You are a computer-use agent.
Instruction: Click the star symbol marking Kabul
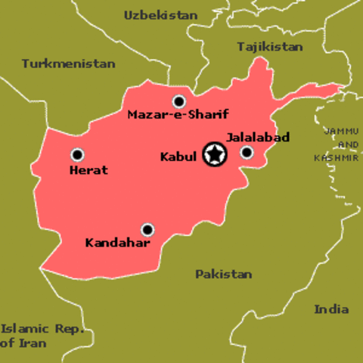pyautogui.click(x=216, y=156)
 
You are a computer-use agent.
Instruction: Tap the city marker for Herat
pyautogui.click(x=77, y=155)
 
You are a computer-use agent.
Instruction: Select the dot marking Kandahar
pyautogui.click(x=147, y=229)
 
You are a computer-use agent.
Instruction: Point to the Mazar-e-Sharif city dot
pyautogui.click(x=179, y=101)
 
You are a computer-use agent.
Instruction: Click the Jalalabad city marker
pyautogui.click(x=247, y=153)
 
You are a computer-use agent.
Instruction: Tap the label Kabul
pyautogui.click(x=178, y=157)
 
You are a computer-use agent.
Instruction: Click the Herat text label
pyautogui.click(x=88, y=170)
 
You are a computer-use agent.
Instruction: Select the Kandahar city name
pyautogui.click(x=118, y=244)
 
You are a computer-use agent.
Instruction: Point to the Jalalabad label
pyautogui.click(x=258, y=138)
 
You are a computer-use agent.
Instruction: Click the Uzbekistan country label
pyautogui.click(x=160, y=15)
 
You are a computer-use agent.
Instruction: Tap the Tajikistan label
pyautogui.click(x=270, y=46)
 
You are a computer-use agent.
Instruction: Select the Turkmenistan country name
pyautogui.click(x=69, y=64)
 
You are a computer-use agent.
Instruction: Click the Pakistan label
pyautogui.click(x=224, y=274)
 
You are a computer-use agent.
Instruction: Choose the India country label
pyautogui.click(x=332, y=309)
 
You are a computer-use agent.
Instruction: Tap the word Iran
pyautogui.click(x=34, y=343)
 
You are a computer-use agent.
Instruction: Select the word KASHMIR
pyautogui.click(x=336, y=158)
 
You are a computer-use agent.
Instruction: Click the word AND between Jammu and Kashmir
pyautogui.click(x=349, y=144)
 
